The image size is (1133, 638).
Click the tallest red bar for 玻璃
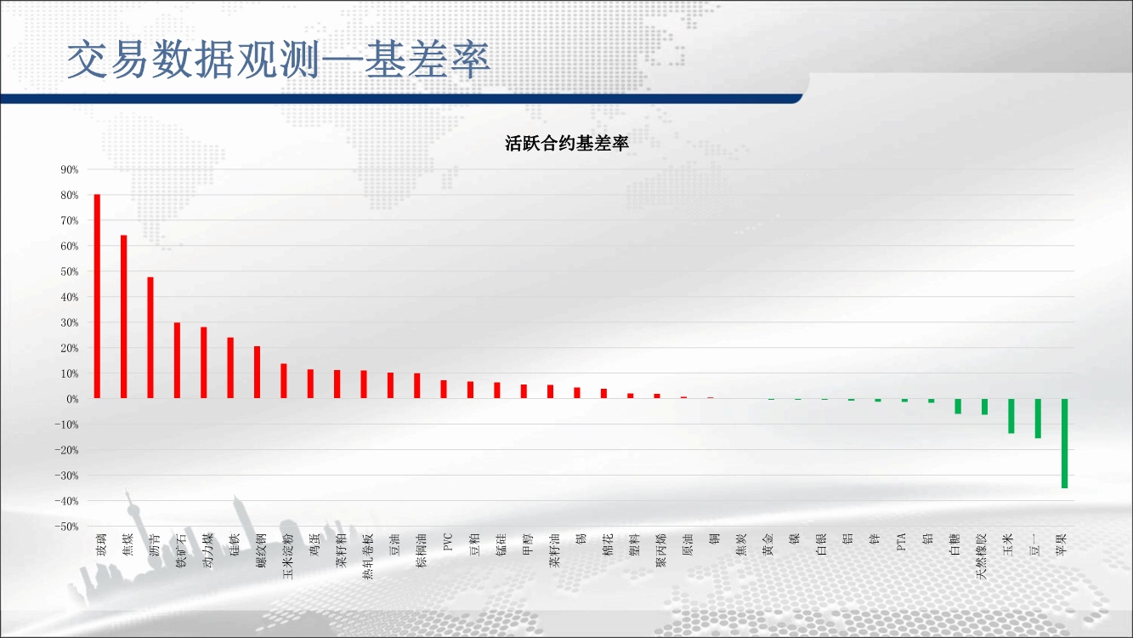point(97,296)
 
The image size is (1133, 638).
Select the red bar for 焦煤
point(124,316)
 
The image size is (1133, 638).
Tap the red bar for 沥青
point(150,338)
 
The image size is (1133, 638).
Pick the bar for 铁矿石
point(177,361)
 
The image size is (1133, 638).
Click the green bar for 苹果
point(1064,443)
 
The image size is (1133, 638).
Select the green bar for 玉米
point(1011,416)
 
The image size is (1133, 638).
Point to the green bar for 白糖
point(958,407)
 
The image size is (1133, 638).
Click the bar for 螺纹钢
point(257,373)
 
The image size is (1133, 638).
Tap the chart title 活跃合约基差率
point(566,143)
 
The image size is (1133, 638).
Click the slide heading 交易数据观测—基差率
point(278,60)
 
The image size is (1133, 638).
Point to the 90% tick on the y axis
point(70,169)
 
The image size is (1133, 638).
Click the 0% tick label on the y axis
point(72,399)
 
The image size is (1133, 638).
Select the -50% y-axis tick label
point(67,527)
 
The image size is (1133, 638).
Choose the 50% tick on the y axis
point(70,271)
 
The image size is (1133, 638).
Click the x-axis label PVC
point(446,542)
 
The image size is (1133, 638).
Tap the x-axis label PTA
point(900,542)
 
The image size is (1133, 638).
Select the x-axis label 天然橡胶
point(981,556)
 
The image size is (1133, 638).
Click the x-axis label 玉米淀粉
point(287,556)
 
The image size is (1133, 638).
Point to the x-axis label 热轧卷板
point(367,556)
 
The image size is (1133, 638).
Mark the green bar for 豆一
point(1038,419)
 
